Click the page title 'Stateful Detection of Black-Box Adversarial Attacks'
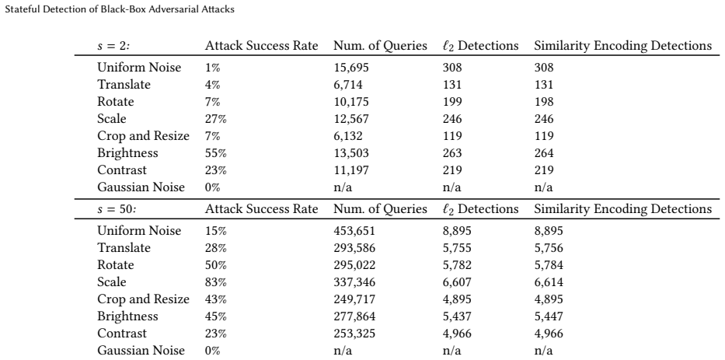[120, 9]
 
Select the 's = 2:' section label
[117, 46]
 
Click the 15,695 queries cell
[351, 68]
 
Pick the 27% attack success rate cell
[216, 119]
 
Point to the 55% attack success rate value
[216, 153]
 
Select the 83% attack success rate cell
[216, 282]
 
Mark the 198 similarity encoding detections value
[544, 102]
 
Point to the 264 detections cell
[544, 153]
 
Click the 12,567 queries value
[351, 120]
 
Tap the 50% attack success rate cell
[216, 265]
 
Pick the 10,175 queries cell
[351, 103]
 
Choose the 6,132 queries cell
[348, 137]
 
